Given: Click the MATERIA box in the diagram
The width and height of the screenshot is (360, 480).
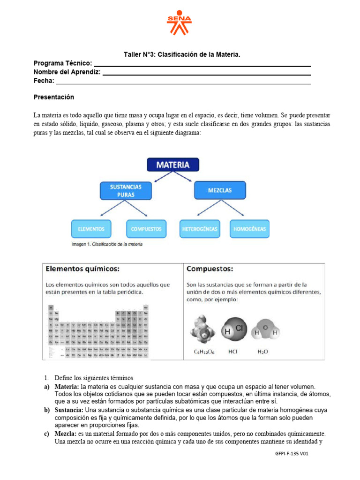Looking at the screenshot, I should (172, 165).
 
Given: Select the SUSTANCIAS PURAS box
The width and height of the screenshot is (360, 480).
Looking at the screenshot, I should (126, 190).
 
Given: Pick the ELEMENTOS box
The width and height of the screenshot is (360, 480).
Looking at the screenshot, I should (91, 229).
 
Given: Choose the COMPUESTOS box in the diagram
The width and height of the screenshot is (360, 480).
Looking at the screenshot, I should (146, 229).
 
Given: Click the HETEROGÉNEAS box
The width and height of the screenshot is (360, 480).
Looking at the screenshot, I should (199, 229).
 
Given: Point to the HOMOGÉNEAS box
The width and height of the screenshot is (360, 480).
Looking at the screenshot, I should (250, 229).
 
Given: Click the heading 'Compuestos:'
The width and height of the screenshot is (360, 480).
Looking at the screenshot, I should (210, 269).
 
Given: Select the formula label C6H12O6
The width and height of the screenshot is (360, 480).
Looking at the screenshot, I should (205, 351).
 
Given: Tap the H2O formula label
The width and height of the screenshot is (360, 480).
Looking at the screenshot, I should (263, 351).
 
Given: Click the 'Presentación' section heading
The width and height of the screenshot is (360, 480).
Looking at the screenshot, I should (54, 97).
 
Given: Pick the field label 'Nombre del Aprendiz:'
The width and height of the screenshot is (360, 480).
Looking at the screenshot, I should (67, 72).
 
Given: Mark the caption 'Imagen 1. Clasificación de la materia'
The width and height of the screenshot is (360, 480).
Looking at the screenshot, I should (107, 244).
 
